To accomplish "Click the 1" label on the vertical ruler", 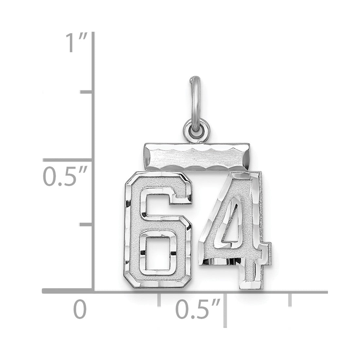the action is click(76, 43).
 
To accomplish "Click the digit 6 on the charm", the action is click(158, 230).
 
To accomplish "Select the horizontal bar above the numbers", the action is click(197, 157).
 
